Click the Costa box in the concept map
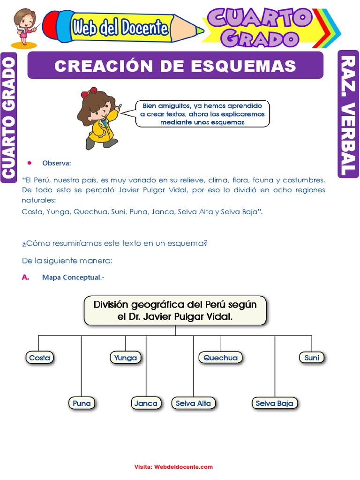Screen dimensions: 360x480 [39, 358]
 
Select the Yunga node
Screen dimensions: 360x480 [126, 358]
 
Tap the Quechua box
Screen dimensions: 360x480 [220, 358]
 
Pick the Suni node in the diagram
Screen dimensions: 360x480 [312, 358]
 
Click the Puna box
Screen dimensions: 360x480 [82, 403]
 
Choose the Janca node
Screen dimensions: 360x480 [146, 403]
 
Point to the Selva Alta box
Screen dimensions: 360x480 [193, 403]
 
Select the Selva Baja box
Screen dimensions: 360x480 [275, 403]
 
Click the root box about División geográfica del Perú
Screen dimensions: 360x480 [175, 310]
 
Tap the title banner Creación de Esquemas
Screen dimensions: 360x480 [175, 66]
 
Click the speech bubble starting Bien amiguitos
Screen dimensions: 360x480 [202, 113]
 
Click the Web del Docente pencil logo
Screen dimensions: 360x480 [122, 28]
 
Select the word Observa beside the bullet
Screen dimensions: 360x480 [56, 163]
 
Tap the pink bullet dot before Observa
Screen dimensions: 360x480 [29, 163]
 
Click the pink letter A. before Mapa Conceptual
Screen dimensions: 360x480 [26, 277]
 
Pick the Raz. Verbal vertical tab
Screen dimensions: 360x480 [348, 115]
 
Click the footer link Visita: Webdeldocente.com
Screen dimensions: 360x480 [173, 467]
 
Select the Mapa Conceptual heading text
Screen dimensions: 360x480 [72, 277]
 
